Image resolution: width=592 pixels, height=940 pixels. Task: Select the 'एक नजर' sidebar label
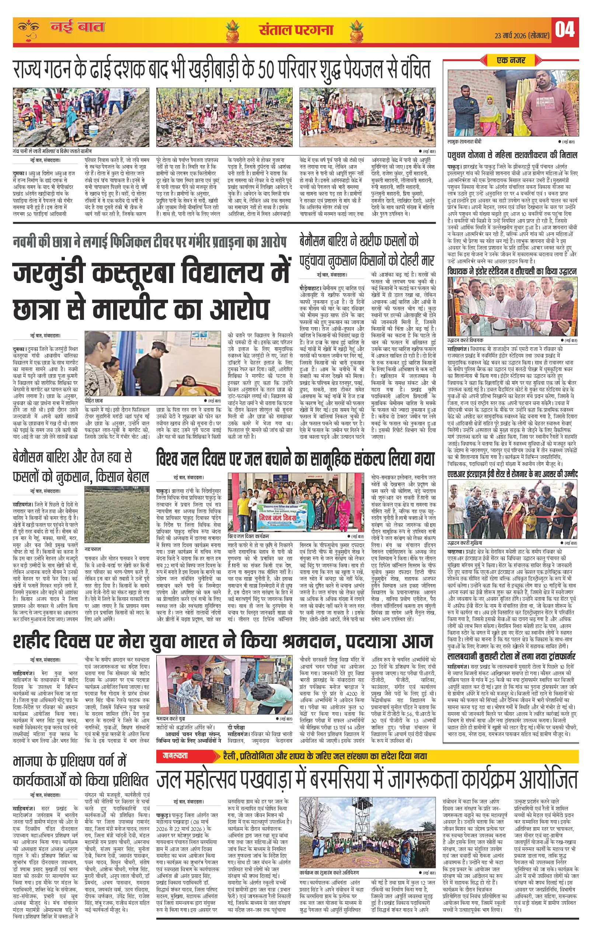tap(511, 60)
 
